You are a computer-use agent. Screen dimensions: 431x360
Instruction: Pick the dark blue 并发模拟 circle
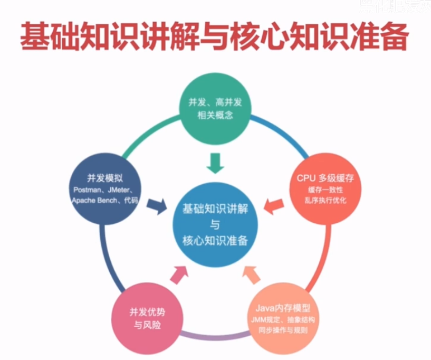coord(106,187)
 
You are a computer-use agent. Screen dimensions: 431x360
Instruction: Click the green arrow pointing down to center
coord(215,163)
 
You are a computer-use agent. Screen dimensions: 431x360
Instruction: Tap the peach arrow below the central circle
coord(250,273)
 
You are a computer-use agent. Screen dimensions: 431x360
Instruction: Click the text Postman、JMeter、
coord(106,190)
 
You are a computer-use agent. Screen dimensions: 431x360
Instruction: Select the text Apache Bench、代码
coord(106,201)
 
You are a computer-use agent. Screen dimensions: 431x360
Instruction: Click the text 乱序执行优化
coord(325,201)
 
